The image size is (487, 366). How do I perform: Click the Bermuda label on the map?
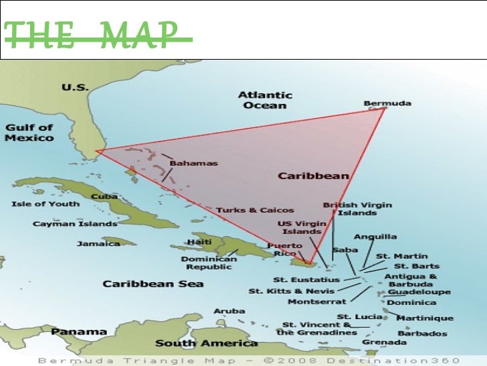point(387,103)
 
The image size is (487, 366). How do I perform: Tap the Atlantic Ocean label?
point(265,100)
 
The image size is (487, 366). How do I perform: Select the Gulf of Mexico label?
point(29,133)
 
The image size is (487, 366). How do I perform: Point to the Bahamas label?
point(193,163)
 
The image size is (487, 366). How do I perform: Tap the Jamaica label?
point(98,243)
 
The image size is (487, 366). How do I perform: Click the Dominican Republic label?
point(209,262)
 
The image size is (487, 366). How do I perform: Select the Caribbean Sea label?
point(153,284)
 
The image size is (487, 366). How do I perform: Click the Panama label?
point(79,332)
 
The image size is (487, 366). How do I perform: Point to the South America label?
point(206,343)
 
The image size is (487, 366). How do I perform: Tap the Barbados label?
point(422,333)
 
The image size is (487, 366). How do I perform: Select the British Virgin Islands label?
point(357,209)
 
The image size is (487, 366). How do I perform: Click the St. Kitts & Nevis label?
point(291,291)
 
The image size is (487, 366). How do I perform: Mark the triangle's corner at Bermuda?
point(385,109)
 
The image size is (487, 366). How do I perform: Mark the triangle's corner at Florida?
point(98,151)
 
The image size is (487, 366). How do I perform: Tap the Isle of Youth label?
point(45,204)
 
